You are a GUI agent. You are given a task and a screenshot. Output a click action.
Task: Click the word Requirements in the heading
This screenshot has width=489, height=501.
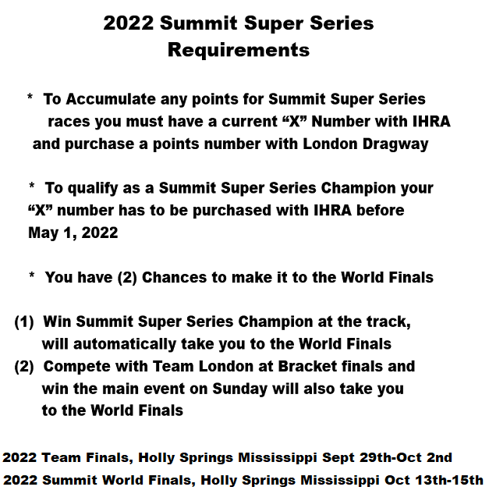[239, 50]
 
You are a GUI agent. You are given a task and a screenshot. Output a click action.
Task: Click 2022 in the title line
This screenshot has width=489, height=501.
[129, 23]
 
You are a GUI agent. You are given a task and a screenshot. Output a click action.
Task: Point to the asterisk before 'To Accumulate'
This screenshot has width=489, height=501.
[30, 97]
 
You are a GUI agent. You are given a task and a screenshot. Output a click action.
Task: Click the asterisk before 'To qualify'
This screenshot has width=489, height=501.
[32, 185]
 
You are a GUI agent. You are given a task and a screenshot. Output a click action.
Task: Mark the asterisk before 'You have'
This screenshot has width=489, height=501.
[32, 275]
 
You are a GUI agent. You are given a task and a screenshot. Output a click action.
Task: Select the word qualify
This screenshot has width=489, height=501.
[93, 189]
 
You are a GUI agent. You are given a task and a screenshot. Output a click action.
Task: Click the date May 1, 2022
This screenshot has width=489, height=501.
[73, 233]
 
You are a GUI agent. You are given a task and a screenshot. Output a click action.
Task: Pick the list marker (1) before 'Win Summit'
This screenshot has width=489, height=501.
[24, 322]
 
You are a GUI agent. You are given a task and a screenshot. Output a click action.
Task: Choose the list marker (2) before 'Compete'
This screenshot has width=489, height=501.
[24, 367]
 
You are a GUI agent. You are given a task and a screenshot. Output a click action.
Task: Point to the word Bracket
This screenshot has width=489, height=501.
[307, 366]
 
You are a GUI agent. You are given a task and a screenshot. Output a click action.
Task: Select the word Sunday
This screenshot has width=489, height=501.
[240, 389]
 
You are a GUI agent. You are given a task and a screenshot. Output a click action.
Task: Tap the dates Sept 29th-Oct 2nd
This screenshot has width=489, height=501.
[387, 457]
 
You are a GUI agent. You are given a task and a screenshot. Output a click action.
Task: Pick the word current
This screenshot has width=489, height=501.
[250, 122]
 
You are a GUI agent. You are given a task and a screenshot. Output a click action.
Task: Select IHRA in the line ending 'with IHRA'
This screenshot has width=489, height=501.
[431, 122]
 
